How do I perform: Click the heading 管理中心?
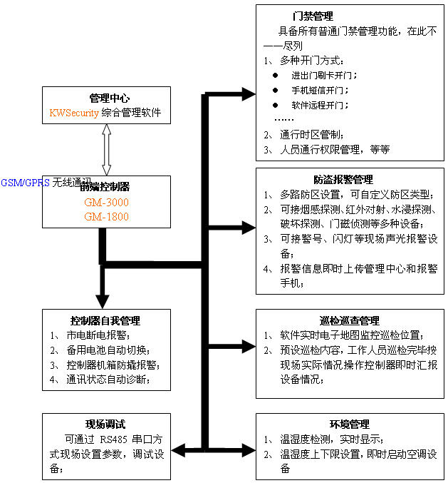click(108, 98)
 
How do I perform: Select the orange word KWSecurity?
click(75, 113)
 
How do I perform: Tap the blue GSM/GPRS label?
click(26, 182)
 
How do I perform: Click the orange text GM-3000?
click(106, 203)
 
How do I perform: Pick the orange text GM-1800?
click(106, 216)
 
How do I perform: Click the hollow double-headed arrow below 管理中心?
click(106, 150)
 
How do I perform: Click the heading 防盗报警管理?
click(343, 180)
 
